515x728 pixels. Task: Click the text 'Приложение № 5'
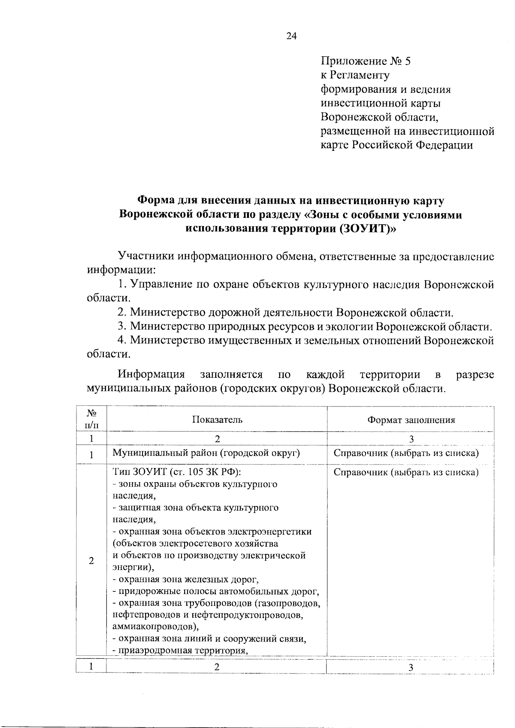tap(366, 61)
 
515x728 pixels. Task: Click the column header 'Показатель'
tap(217, 419)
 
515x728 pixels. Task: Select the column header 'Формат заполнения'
tap(411, 420)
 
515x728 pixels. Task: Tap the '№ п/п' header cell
tap(91, 419)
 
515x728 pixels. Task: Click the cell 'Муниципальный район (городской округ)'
tap(206, 453)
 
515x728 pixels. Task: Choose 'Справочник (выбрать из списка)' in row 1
tap(406, 453)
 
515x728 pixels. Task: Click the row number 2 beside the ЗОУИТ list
tap(91, 561)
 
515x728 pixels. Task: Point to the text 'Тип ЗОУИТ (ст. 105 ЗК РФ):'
tap(177, 472)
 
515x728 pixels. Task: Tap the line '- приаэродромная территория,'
tap(181, 650)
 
